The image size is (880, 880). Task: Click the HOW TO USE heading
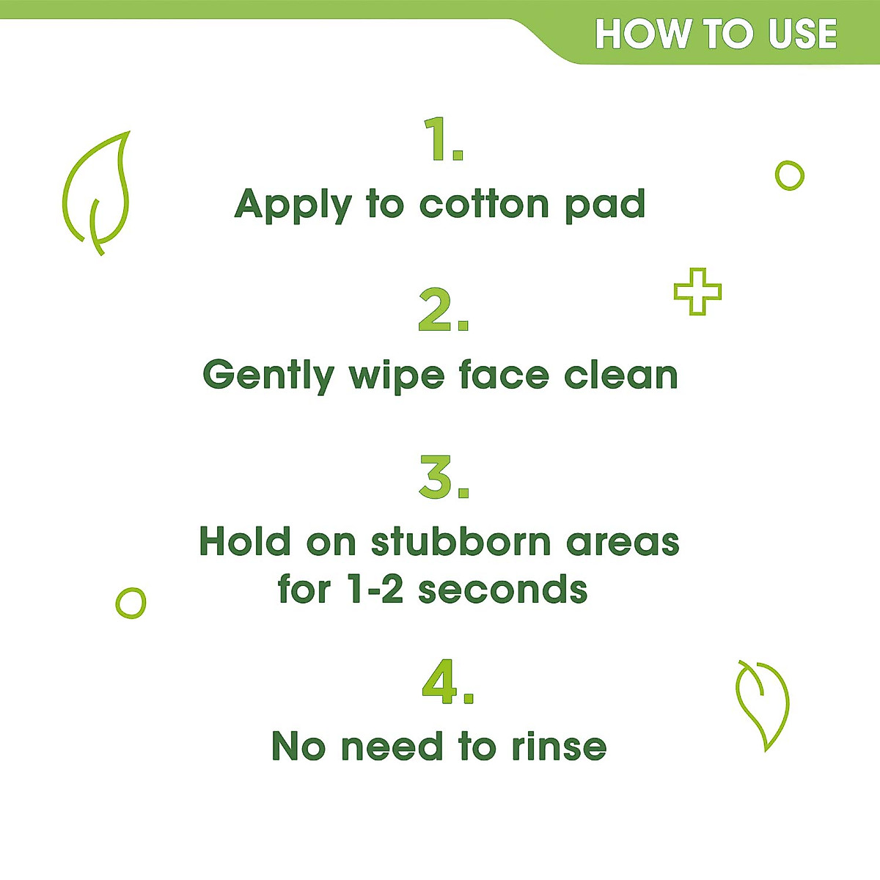716,34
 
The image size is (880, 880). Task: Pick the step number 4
447,683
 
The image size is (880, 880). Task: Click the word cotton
484,204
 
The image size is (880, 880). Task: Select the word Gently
268,376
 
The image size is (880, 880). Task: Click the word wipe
396,376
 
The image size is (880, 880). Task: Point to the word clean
620,375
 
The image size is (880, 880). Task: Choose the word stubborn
461,542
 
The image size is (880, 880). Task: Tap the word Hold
245,542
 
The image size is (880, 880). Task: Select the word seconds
503,590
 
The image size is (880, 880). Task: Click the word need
392,747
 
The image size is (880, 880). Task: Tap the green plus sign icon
697,292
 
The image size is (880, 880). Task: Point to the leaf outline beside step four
763,704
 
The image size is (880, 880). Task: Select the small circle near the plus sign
789,176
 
